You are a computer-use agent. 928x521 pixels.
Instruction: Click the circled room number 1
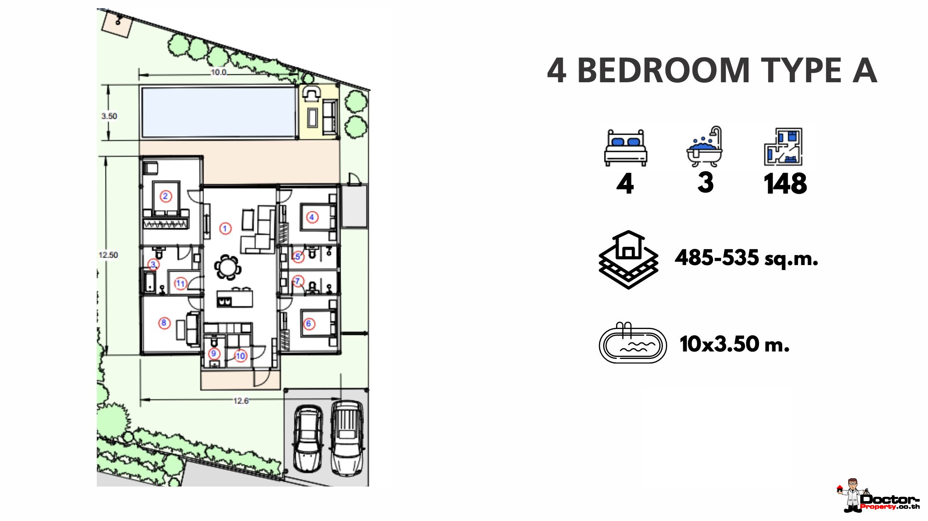225,228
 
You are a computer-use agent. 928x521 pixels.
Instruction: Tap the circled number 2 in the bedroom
165,196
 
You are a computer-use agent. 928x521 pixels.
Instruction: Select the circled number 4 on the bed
312,217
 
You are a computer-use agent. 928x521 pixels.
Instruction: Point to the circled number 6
309,324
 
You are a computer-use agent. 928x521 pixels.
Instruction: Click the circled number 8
164,323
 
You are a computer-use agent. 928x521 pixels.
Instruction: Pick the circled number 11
180,283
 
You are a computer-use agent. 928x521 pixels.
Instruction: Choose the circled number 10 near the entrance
241,356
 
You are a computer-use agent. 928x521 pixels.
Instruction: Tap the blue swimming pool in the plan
218,112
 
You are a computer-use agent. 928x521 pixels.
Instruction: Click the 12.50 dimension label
108,255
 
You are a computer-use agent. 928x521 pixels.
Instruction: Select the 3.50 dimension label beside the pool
109,116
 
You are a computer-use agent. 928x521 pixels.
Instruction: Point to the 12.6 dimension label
241,401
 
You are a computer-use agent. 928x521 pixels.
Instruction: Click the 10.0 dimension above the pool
218,72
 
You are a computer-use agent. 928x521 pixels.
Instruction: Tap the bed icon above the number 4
626,148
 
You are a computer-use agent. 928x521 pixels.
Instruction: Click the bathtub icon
705,147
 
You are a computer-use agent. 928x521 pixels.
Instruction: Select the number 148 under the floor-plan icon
785,184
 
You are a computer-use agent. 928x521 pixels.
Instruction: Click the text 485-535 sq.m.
746,258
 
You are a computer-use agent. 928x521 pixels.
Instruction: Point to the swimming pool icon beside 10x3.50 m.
633,343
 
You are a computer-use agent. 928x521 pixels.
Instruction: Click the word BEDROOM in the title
663,71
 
